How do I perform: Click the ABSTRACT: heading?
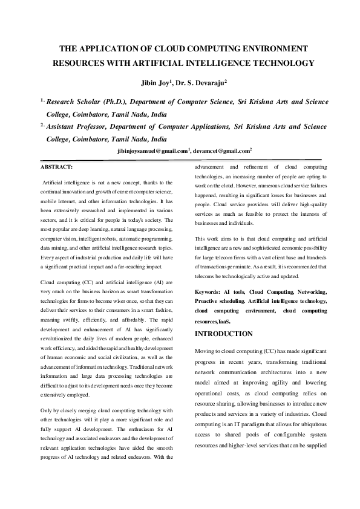click(56, 166)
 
